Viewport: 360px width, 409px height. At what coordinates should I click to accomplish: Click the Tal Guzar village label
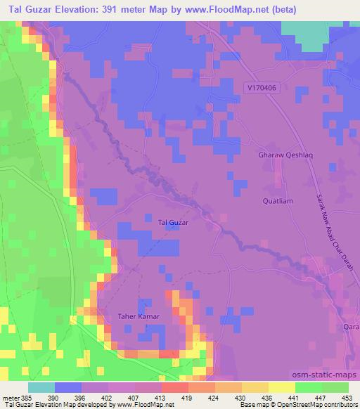coord(172,223)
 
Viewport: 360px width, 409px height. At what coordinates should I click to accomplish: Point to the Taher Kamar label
coord(139,317)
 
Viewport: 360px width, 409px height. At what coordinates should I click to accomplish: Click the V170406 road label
coord(262,88)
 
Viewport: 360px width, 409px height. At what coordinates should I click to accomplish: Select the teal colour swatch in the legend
coord(41,387)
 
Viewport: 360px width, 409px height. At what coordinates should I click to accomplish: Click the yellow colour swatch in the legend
coord(281,387)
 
